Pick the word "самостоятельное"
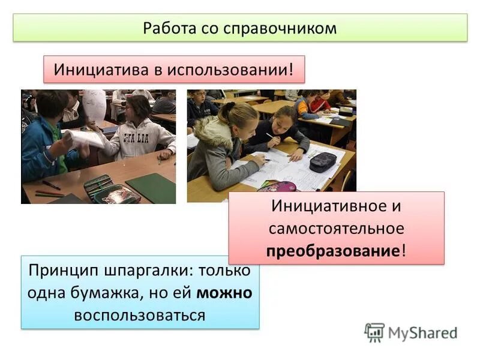pos(337,228)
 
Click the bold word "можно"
pos(223,292)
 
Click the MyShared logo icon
pos(374,332)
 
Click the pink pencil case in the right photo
pos(277,187)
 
